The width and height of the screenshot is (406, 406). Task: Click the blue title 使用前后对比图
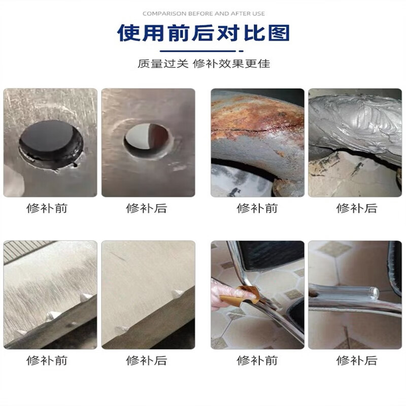pyautogui.click(x=203, y=32)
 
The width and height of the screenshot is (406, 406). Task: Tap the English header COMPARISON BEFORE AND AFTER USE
pyautogui.click(x=203, y=13)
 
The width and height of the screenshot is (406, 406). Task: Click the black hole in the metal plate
pyautogui.click(x=50, y=141)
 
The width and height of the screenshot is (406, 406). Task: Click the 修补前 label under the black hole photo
pyautogui.click(x=47, y=208)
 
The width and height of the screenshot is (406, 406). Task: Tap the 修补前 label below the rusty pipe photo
pyautogui.click(x=257, y=208)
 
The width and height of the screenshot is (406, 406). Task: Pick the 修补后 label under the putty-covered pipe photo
pyautogui.click(x=356, y=208)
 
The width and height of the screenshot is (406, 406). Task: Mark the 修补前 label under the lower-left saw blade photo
pyautogui.click(x=47, y=360)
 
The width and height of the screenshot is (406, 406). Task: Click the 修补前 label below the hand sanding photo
pyautogui.click(x=257, y=360)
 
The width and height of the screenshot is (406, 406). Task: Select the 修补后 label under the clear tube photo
pyautogui.click(x=356, y=360)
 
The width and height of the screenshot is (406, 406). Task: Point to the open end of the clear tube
pyautogui.click(x=373, y=293)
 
